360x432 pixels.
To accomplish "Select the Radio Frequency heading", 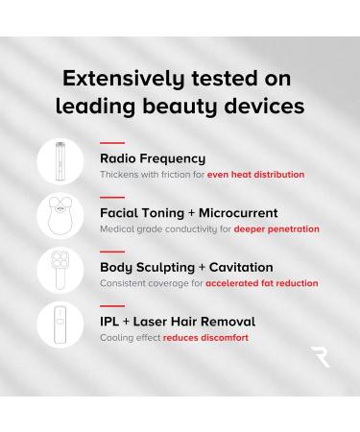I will pos(153,158).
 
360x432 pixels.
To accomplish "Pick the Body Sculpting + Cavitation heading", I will pos(186,267).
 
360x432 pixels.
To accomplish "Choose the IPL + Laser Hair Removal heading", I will pos(178,322).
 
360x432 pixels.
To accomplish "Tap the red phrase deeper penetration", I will pos(276,229).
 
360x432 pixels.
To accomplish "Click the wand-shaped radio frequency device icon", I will pos(60,160).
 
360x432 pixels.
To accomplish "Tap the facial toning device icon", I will pos(60,217).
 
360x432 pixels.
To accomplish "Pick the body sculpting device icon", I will pos(60,270).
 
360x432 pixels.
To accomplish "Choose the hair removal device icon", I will pos(60,324).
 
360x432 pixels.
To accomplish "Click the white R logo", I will pos(320,357).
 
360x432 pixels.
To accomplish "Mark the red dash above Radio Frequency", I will pos(111,143).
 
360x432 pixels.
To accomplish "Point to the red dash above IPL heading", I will pos(111,306).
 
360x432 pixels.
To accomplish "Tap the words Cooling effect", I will pos(130,338).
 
